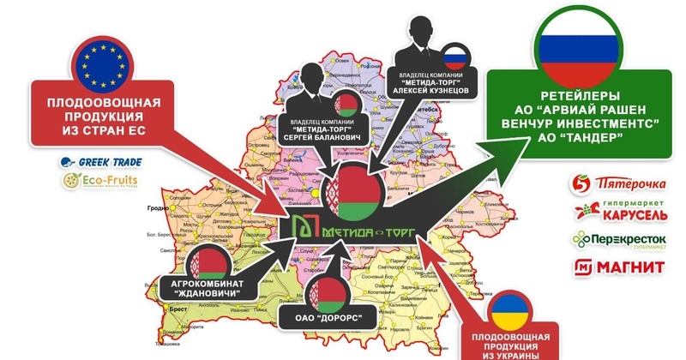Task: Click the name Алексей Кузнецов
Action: click(431, 88)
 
